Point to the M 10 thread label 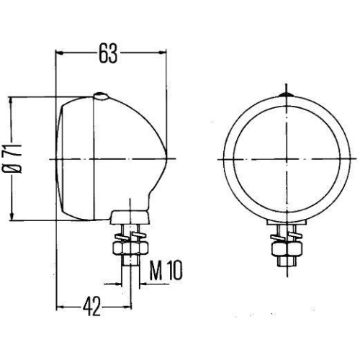(166, 271)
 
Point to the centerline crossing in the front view (285, 157)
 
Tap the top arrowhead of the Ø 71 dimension (11, 100)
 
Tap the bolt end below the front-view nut (285, 265)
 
